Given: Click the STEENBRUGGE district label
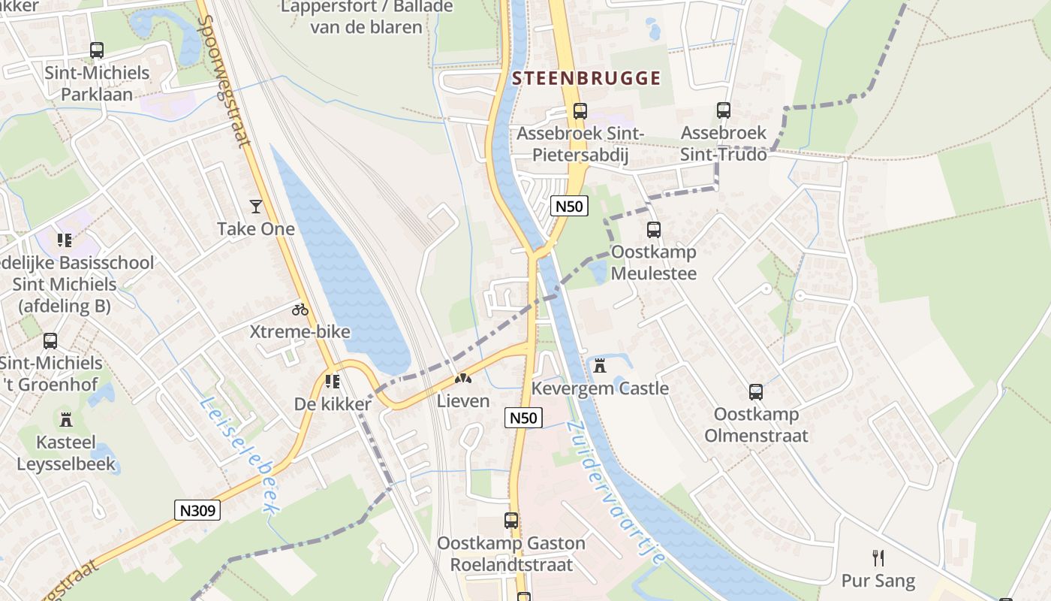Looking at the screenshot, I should [x=586, y=78].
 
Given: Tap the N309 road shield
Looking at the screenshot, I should [x=198, y=511].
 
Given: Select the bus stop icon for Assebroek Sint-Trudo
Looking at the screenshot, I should [x=723, y=110].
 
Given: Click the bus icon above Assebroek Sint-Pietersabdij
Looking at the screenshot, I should [x=580, y=111].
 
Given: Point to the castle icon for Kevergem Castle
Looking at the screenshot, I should [x=599, y=366].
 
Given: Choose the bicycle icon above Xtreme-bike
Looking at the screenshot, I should [x=300, y=309].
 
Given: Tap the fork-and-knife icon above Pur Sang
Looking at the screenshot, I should [x=878, y=557].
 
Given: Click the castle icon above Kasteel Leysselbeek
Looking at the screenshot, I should [x=66, y=419].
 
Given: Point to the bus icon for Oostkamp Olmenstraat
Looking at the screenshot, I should [x=756, y=391].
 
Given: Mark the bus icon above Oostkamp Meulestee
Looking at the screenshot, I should [x=654, y=229].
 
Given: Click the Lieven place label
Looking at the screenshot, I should [x=463, y=401].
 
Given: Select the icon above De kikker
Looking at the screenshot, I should [x=332, y=382].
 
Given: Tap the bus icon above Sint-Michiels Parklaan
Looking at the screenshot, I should [x=97, y=50].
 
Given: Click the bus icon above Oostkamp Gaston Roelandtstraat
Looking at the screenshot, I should [x=511, y=520].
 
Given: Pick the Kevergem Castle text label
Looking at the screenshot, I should [x=600, y=388].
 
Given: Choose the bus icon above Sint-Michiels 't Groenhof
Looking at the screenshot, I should [x=50, y=340].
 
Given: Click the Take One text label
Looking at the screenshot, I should [x=256, y=229].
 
